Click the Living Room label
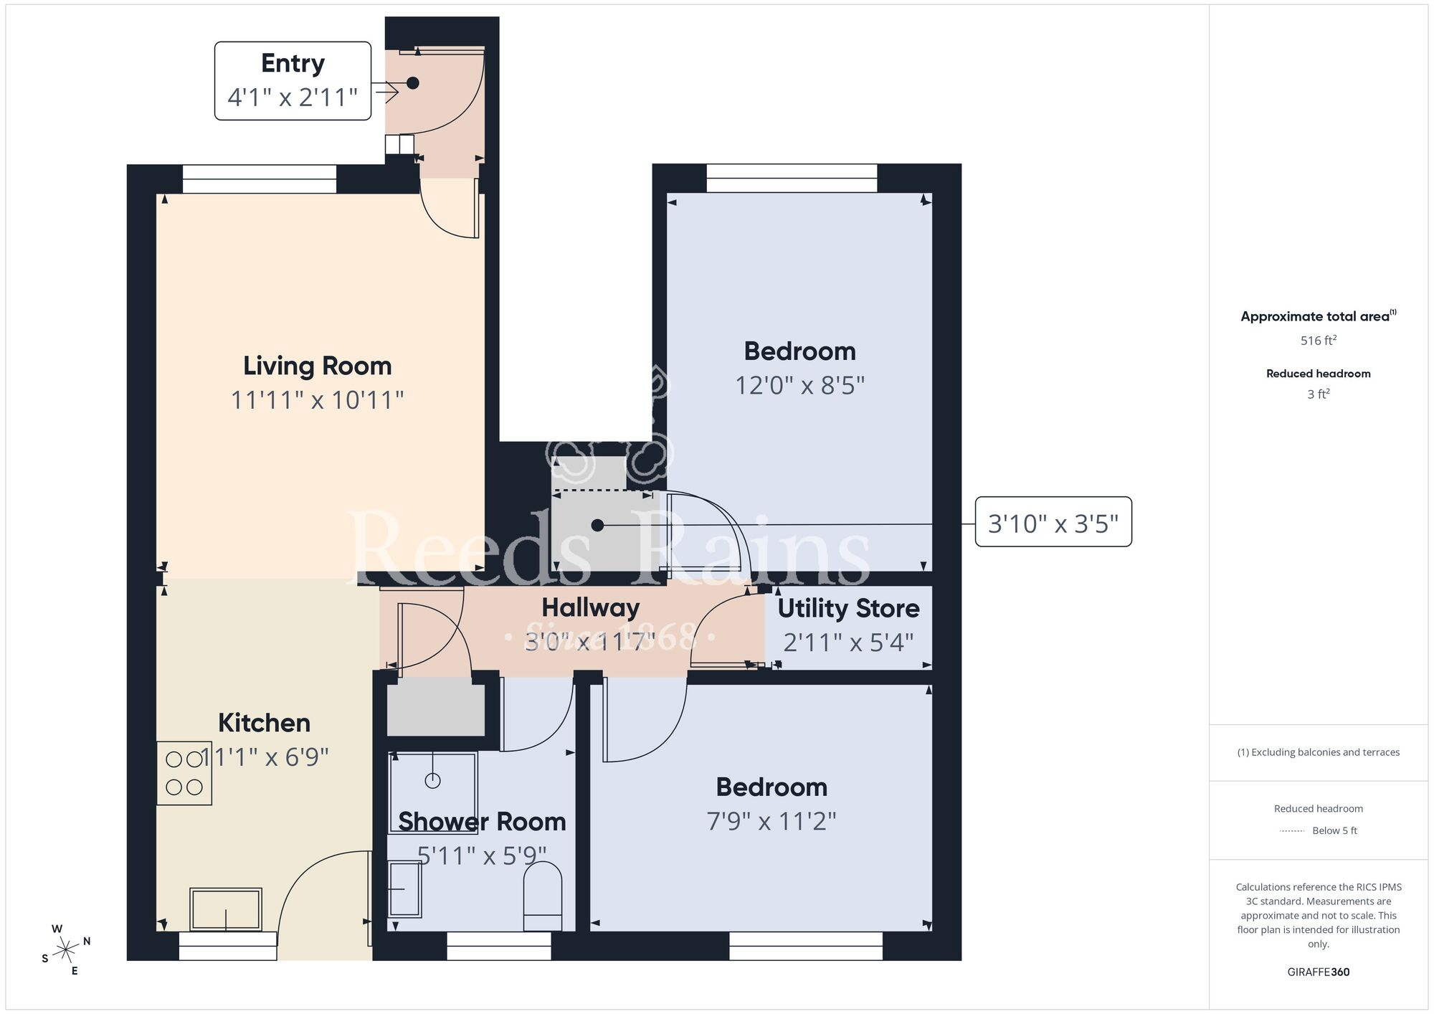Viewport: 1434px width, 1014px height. tap(317, 366)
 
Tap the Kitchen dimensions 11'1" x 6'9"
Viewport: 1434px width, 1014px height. tap(264, 757)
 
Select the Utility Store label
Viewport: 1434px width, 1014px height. tap(848, 609)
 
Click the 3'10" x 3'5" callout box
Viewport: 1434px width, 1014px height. tap(1053, 523)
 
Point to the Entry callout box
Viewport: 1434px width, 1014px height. tap(293, 80)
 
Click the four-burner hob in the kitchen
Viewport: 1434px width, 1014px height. tap(184, 773)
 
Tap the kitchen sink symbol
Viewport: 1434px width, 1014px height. tap(226, 909)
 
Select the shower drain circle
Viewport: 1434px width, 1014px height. tap(432, 781)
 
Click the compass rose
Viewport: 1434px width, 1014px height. tap(66, 950)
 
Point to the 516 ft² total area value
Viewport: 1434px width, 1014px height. tap(1318, 341)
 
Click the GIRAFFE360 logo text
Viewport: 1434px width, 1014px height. tap(1318, 972)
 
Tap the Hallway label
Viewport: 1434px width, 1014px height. tap(590, 608)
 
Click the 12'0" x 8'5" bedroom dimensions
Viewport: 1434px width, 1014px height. tap(799, 386)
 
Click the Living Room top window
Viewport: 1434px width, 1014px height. tap(259, 179)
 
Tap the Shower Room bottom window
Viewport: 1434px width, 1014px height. tap(499, 946)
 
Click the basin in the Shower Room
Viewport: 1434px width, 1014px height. tap(404, 889)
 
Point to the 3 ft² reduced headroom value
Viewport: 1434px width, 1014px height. tap(1318, 394)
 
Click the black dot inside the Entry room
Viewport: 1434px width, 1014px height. tap(413, 83)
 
